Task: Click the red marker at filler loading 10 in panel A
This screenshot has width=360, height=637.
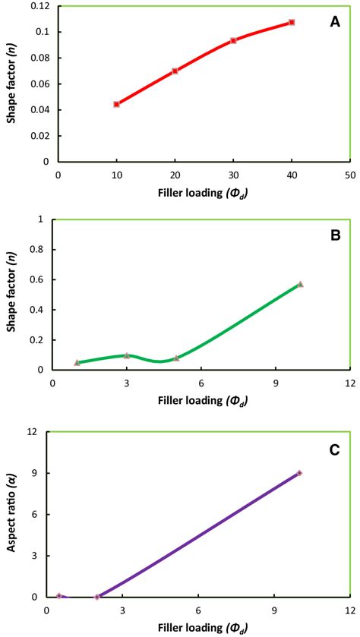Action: (x=116, y=104)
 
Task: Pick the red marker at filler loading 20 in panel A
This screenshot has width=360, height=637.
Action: (x=175, y=71)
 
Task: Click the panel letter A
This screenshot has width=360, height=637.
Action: (x=334, y=22)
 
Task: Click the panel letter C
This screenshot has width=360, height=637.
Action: (x=334, y=450)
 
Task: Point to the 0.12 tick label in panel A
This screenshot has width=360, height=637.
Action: (x=39, y=6)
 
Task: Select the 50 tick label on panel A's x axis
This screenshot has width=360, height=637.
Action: (x=349, y=173)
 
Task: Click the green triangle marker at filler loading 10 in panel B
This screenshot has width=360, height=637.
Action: (x=301, y=284)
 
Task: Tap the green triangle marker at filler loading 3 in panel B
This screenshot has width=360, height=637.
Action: (x=127, y=355)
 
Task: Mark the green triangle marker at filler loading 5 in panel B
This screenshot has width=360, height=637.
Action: (x=176, y=358)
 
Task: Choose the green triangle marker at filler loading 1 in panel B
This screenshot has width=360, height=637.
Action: (x=77, y=362)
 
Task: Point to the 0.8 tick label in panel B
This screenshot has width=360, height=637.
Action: (x=38, y=250)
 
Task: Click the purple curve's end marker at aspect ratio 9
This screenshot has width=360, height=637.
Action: (x=299, y=473)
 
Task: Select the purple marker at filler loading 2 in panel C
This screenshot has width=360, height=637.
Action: (x=97, y=597)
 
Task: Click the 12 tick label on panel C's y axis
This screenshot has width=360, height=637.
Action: (x=33, y=431)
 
